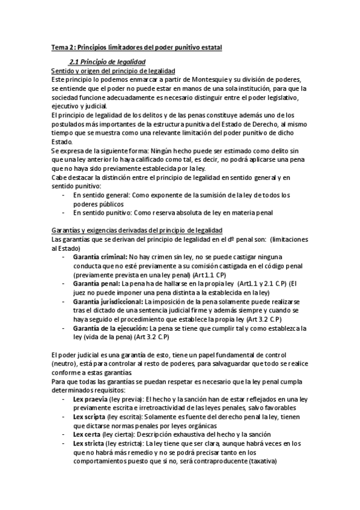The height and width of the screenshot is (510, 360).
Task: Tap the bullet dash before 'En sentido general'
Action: coord(64,195)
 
